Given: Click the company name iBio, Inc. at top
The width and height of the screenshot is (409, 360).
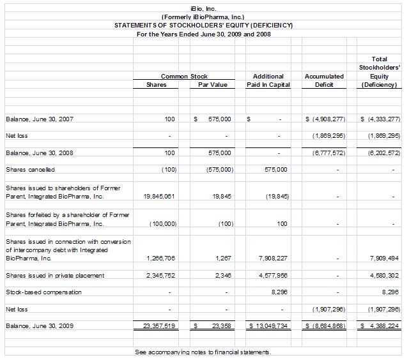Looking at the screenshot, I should click(203, 7).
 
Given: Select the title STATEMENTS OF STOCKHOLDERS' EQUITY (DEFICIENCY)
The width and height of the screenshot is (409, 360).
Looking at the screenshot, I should click(203, 25).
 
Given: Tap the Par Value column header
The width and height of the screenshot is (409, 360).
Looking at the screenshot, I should click(212, 85).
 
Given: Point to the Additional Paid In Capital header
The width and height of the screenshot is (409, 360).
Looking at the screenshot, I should click(268, 80).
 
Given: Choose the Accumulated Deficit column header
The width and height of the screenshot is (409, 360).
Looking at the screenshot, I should click(324, 80).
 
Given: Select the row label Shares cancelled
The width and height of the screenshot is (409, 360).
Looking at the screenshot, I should click(30, 169).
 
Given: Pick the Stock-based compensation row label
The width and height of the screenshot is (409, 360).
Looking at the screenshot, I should click(43, 292).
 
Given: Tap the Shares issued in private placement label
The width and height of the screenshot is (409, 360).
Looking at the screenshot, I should click(54, 275).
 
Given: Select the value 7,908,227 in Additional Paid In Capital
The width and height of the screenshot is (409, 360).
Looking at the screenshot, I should click(273, 259).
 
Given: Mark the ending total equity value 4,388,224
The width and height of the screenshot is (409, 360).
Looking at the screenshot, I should click(382, 326).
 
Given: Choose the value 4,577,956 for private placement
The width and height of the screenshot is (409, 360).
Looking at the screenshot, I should click(273, 275).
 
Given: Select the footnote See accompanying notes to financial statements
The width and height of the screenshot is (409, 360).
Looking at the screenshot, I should click(203, 352).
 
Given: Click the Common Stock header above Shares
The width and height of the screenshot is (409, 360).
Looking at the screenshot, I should click(184, 76).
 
